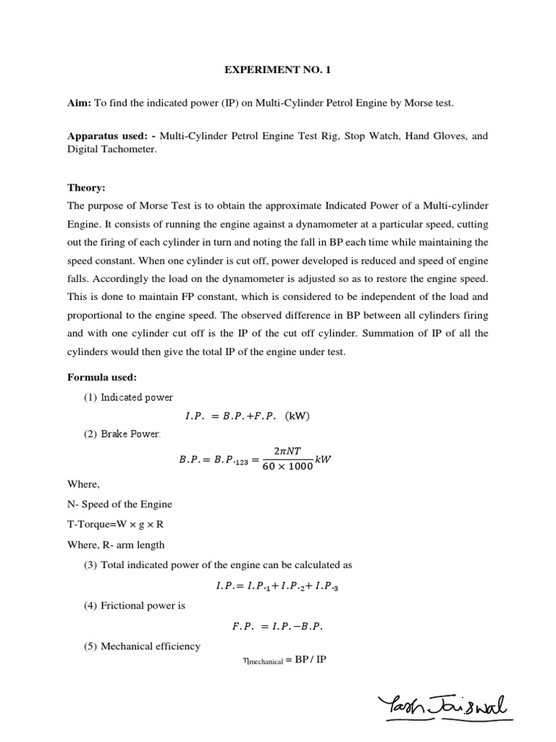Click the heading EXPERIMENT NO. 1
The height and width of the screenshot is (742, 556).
[279, 70]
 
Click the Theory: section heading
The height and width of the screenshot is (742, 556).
[86, 186]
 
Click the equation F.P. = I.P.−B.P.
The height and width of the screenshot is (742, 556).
[279, 627]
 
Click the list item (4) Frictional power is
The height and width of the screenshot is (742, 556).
[134, 605]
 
